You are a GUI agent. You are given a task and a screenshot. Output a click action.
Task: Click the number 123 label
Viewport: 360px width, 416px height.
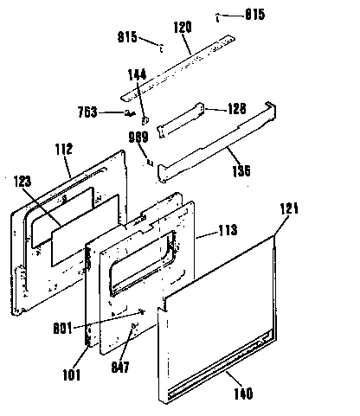tap(23, 182)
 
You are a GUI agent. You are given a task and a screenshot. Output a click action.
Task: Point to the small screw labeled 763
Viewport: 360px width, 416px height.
tap(130, 112)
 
